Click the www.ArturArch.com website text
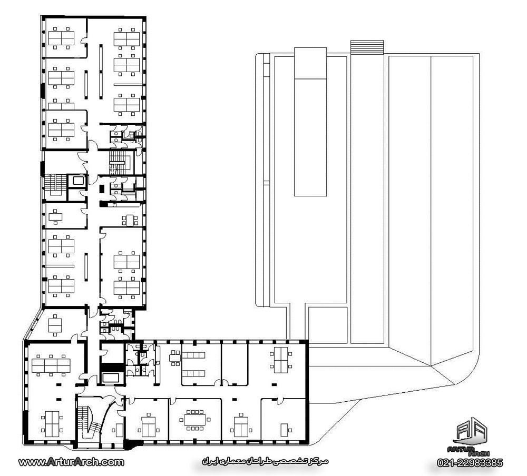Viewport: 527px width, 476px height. point(71,462)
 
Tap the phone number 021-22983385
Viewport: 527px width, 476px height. point(470,463)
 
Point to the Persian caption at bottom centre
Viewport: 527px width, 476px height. point(265,461)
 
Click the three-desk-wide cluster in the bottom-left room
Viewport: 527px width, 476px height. point(51,365)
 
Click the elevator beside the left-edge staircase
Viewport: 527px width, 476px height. point(78,181)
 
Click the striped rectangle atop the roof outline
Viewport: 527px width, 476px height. point(367,47)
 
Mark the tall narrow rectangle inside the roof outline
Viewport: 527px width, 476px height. point(310,122)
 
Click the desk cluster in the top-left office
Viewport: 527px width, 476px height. point(61,38)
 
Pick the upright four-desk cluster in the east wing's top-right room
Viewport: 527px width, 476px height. point(281,360)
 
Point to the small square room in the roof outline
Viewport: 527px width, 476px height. point(328,325)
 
